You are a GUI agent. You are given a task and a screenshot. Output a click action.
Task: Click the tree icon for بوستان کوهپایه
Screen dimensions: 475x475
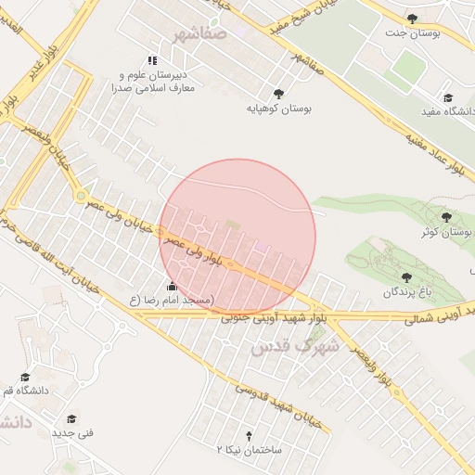point(277,93)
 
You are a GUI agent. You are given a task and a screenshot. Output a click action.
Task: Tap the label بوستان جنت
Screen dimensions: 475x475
point(412,32)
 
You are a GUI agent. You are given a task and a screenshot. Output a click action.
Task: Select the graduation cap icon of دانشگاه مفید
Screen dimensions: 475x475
point(447,96)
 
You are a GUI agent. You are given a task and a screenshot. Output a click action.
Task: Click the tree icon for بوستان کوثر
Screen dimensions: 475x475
point(446,216)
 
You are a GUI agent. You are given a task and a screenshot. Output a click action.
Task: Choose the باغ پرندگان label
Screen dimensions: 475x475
point(405,292)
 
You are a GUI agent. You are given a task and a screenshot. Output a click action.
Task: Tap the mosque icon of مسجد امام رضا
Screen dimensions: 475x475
point(171,286)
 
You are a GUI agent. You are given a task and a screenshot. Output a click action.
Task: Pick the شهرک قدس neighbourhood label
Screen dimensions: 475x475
point(283,346)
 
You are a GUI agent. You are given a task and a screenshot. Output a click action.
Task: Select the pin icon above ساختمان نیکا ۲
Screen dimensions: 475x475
point(248,434)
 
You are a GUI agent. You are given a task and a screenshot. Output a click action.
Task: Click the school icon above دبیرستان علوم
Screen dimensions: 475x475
point(152,60)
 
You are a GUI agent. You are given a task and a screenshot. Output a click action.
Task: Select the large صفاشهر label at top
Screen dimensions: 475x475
point(199,34)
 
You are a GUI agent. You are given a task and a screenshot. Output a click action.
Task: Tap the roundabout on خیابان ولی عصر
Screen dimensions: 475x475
point(82,197)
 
